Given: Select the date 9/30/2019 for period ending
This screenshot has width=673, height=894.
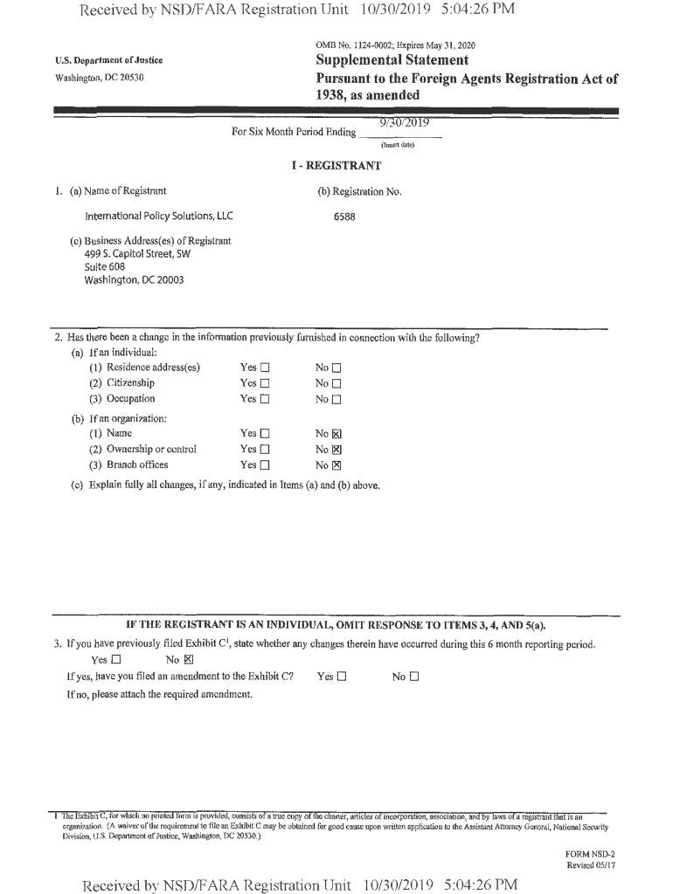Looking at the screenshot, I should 404,123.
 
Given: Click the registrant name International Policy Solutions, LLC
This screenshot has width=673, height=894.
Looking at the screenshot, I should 158,216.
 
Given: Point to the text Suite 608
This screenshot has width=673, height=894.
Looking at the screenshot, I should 104,267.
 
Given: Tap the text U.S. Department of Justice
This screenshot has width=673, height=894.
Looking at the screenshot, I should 108,60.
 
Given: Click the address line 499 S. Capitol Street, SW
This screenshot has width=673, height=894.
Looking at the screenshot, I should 137,254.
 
